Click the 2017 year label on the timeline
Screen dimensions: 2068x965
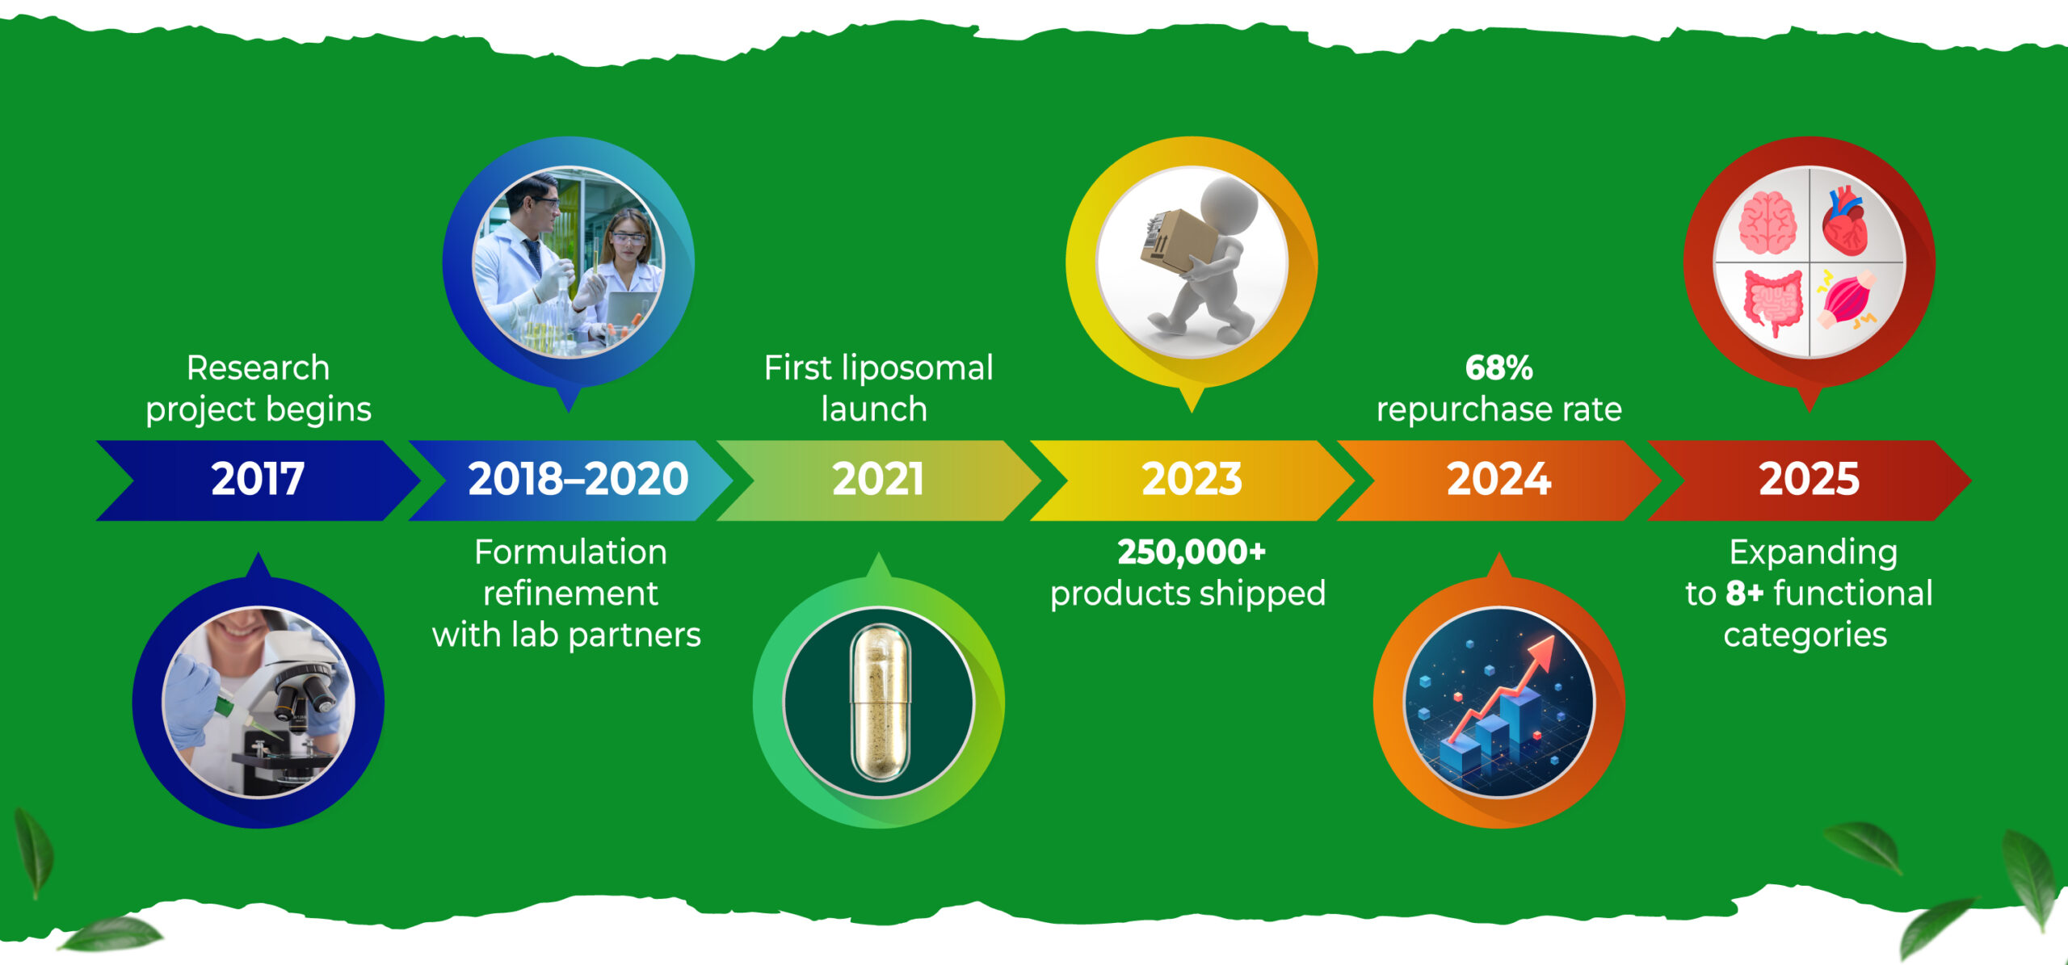point(258,479)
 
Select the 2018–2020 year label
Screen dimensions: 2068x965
point(578,479)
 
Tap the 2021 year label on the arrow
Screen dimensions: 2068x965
point(878,479)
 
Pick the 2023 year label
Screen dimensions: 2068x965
point(1192,479)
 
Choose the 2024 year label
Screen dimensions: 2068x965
point(1498,479)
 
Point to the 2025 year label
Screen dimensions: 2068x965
point(1809,479)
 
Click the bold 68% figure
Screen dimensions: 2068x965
point(1498,368)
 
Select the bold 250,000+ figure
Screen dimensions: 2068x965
point(1192,552)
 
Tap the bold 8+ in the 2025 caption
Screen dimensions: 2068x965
point(1745,594)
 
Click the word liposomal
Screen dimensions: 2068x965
point(918,369)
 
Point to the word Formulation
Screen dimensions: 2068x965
point(570,552)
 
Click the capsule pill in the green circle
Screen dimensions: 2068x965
point(880,703)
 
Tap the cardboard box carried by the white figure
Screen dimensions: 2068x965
point(1179,241)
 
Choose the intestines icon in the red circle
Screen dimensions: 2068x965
point(1772,302)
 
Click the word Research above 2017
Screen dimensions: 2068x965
point(258,368)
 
